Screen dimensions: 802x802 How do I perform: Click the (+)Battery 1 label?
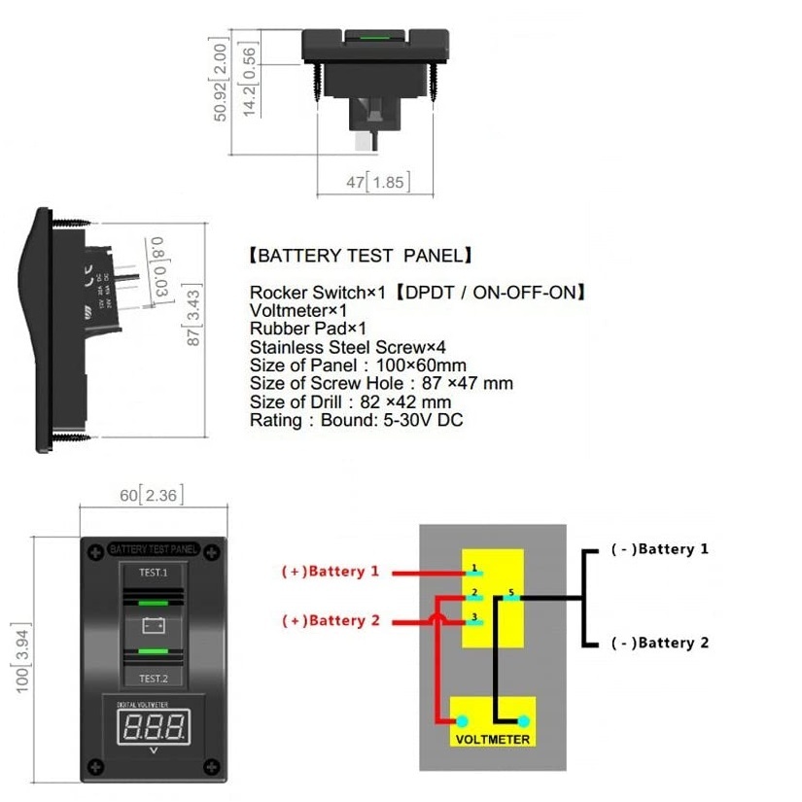click(331, 572)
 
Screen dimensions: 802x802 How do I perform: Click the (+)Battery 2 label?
click(331, 620)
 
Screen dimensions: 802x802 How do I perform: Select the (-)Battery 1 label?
click(660, 549)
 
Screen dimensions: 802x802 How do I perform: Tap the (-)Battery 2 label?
click(660, 643)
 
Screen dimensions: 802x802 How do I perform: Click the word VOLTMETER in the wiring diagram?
click(493, 740)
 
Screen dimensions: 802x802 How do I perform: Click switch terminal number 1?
click(474, 571)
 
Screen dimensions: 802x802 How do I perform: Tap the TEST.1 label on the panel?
click(154, 573)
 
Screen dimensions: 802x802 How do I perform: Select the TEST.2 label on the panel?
click(154, 679)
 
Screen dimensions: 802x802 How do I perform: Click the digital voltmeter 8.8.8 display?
click(154, 726)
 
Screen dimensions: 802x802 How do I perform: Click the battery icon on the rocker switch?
click(154, 625)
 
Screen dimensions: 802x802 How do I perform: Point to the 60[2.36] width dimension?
click(151, 496)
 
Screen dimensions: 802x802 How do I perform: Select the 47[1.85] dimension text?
click(378, 182)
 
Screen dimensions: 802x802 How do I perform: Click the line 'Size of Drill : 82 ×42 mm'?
click(350, 402)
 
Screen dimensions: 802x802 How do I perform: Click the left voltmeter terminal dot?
click(462, 721)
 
